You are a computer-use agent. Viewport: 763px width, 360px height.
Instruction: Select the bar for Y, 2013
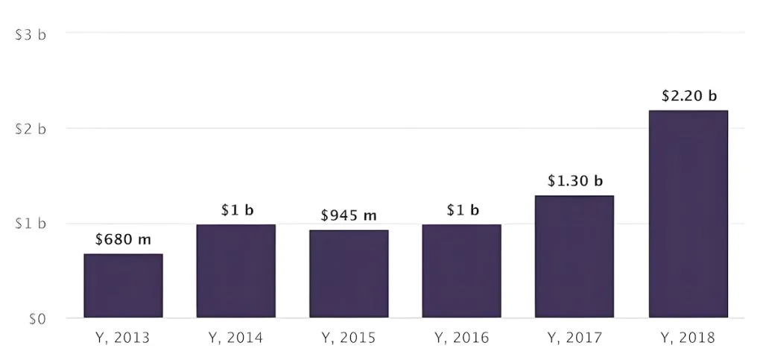tap(123, 286)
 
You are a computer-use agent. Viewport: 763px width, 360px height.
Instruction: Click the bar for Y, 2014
tap(236, 271)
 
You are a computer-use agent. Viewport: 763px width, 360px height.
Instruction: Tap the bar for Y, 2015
tap(349, 274)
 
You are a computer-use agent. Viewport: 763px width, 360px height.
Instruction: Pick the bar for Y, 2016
tap(462, 271)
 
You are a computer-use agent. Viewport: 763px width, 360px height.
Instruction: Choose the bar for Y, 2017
tap(574, 257)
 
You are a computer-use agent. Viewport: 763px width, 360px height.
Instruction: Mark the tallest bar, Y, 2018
tap(688, 215)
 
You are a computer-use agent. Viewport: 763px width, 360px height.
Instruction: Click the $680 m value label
tap(123, 240)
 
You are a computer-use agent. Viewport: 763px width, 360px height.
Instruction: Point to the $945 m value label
tap(349, 216)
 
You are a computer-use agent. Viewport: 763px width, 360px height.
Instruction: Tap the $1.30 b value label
tap(574, 181)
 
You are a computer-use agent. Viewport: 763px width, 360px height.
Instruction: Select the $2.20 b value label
tap(688, 96)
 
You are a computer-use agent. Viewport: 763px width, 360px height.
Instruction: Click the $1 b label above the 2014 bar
tap(237, 210)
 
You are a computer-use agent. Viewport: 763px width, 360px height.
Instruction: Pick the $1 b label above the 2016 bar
tap(463, 210)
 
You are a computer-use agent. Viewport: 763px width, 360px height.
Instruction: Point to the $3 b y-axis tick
tap(31, 34)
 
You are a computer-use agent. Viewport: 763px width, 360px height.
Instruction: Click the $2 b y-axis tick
tap(31, 129)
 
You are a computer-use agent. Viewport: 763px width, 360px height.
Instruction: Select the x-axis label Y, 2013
tap(123, 338)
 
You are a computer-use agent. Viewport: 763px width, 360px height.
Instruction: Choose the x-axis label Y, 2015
tap(349, 338)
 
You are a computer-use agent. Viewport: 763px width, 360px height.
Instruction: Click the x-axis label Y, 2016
tap(462, 338)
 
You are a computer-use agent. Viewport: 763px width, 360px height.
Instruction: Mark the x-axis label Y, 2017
tap(574, 338)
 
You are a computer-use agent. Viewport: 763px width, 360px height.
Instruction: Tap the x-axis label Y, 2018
tap(688, 338)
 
